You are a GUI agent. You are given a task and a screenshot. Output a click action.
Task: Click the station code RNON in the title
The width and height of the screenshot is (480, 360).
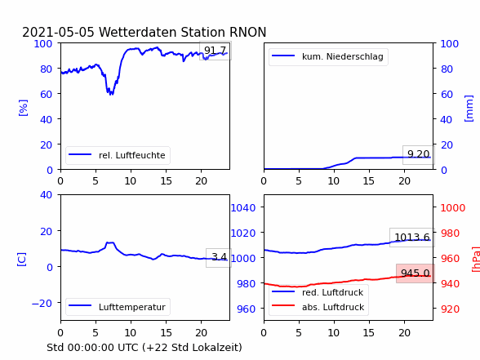(x=247, y=32)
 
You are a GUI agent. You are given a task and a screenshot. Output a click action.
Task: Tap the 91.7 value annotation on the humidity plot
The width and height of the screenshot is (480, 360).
(x=215, y=51)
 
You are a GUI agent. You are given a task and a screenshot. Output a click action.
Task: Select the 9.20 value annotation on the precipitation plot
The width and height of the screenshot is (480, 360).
(x=418, y=154)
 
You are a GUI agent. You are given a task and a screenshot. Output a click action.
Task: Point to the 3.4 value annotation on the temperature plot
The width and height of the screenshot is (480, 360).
(x=219, y=257)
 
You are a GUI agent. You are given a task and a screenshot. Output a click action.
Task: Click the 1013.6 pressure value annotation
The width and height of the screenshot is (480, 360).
(x=412, y=238)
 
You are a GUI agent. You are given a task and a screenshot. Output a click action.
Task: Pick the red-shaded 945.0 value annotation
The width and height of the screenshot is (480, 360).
(x=415, y=273)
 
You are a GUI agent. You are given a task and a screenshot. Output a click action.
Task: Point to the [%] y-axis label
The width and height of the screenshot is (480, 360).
(x=23, y=108)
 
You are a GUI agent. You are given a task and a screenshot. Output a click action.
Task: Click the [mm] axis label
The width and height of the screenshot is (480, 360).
(x=469, y=109)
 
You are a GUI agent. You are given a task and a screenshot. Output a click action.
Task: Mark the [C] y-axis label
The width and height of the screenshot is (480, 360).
(x=22, y=260)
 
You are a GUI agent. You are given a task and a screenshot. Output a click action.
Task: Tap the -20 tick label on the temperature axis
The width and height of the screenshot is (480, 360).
(x=42, y=303)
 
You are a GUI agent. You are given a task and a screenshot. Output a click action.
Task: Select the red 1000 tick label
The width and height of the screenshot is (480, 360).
(x=453, y=208)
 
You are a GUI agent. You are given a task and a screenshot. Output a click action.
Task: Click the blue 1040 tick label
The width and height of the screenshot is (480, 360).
(x=243, y=208)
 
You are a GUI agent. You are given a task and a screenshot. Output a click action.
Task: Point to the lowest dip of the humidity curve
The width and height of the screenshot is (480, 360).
(x=111, y=95)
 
